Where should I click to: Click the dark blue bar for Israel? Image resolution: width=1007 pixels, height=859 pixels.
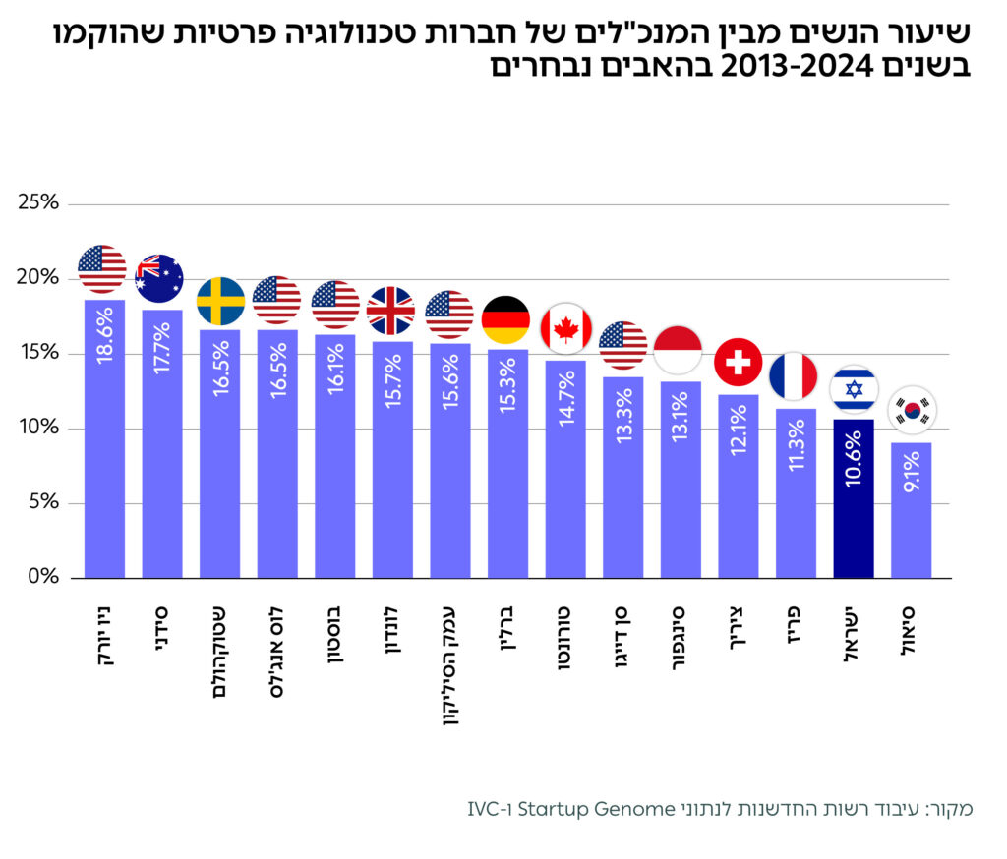853,511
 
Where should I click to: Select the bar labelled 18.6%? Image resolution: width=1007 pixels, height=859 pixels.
104,442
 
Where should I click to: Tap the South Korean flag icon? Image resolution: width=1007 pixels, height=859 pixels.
912,410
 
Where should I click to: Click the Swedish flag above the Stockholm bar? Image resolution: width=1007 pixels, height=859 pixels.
220,301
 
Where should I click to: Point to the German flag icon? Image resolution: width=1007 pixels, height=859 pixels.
505,319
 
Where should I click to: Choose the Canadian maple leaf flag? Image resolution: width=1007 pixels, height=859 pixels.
564,328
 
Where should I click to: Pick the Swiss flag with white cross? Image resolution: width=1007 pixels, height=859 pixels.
738,363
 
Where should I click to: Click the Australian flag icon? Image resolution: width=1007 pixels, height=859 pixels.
159,277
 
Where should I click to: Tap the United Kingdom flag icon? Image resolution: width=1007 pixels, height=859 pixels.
390,311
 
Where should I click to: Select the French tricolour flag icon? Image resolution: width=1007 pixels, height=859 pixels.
794,376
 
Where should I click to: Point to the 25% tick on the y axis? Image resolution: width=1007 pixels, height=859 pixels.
39,203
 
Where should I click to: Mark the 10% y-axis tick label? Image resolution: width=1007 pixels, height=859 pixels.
39,429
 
